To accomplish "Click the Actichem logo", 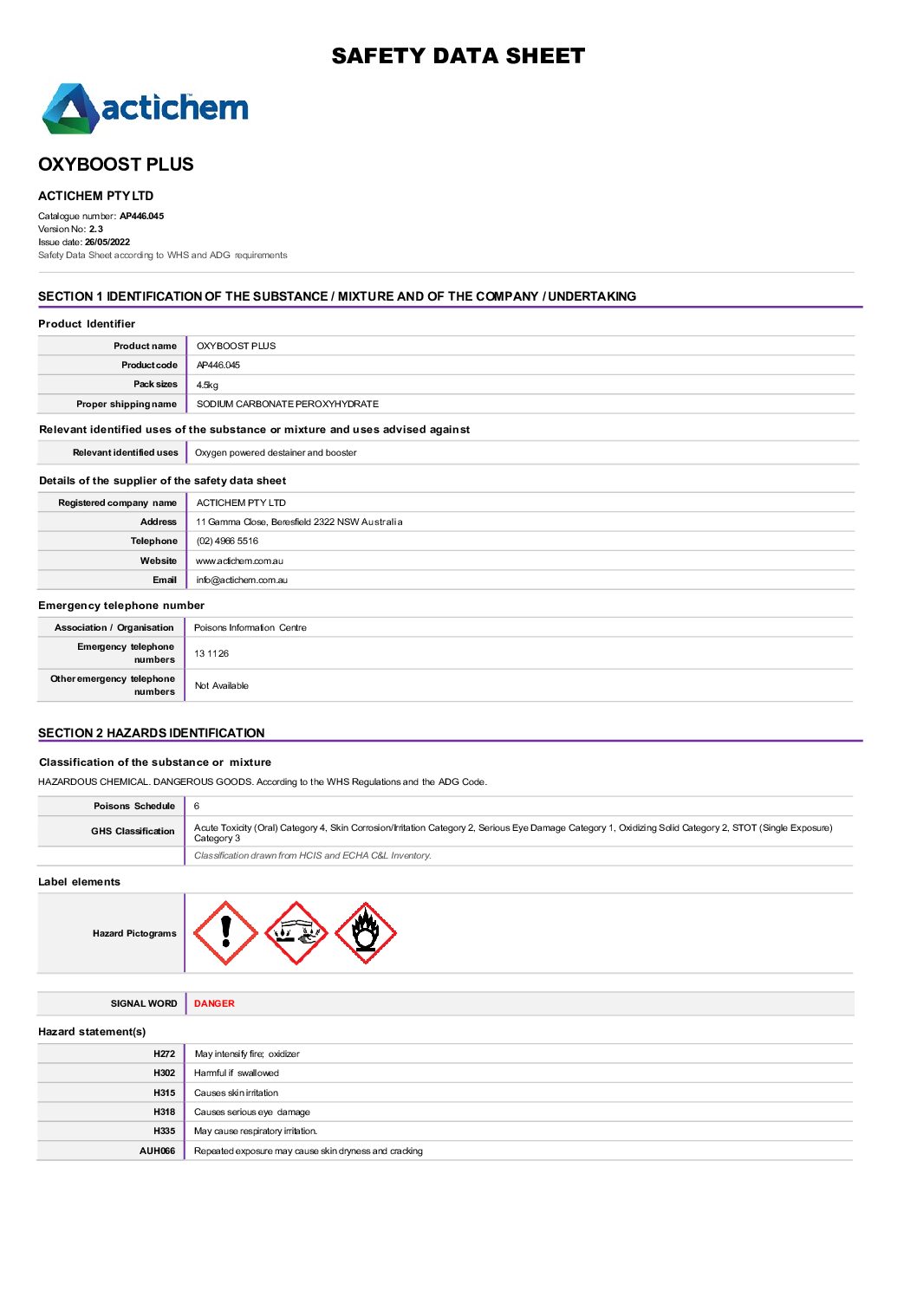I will (145, 108).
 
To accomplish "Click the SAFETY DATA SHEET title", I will (458, 56).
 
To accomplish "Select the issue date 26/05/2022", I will (107, 243).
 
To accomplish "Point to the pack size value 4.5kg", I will (207, 385).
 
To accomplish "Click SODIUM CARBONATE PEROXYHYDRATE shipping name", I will (287, 405).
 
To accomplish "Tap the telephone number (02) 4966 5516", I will (227, 541).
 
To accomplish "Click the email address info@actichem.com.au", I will (242, 580).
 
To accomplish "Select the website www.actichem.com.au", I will (239, 561).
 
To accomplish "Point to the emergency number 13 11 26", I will (211, 654).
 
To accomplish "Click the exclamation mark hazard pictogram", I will (226, 933).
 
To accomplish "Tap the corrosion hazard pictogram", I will (296, 933).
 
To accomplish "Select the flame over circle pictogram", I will (366, 933).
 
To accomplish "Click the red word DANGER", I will (214, 1004).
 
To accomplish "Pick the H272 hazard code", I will (164, 1054).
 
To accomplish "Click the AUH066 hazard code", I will (157, 1151).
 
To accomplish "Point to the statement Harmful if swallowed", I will (237, 1073).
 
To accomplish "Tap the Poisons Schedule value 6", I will (197, 807).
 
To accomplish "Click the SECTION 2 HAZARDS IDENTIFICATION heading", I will (152, 733).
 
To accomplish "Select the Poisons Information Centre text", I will (250, 628).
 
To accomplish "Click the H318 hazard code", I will (164, 1112).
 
